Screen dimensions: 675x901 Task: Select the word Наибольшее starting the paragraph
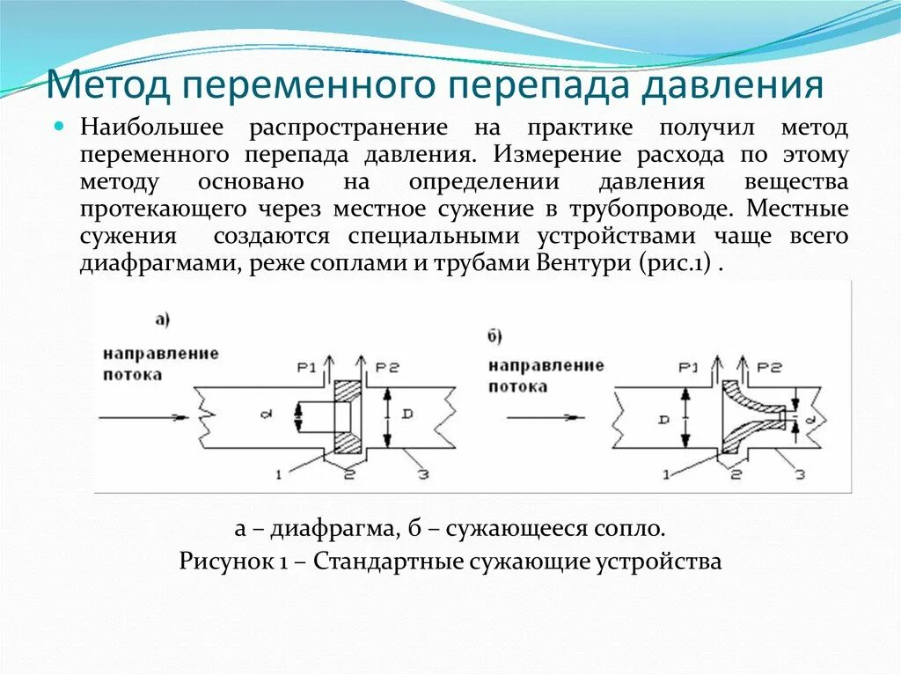click(150, 128)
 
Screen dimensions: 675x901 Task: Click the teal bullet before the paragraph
click(61, 127)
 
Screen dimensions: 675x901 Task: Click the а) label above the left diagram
click(162, 320)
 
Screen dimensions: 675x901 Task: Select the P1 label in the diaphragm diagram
click(305, 366)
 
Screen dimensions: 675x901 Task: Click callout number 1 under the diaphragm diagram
click(278, 475)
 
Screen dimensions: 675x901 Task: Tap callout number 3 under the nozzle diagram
click(799, 475)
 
